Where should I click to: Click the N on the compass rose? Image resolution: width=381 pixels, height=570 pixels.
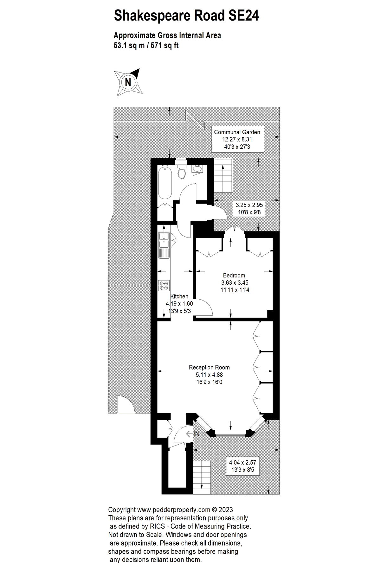click(128, 82)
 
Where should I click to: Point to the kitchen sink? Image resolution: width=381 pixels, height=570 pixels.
click(164, 240)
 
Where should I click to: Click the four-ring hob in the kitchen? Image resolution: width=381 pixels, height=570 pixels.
click(164, 286)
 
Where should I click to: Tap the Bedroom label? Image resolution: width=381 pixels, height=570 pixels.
click(234, 275)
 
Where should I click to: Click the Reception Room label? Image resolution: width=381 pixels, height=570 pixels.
click(209, 367)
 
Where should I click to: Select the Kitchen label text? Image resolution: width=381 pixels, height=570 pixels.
click(179, 296)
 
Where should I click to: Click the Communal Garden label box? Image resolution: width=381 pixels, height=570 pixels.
click(237, 139)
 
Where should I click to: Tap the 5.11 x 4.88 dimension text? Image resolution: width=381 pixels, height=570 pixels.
click(209, 375)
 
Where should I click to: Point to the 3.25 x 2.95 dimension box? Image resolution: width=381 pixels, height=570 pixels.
click(249, 208)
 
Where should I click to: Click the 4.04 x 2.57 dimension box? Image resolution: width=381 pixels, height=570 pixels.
click(242, 466)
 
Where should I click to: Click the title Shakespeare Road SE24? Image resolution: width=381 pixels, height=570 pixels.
click(186, 16)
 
